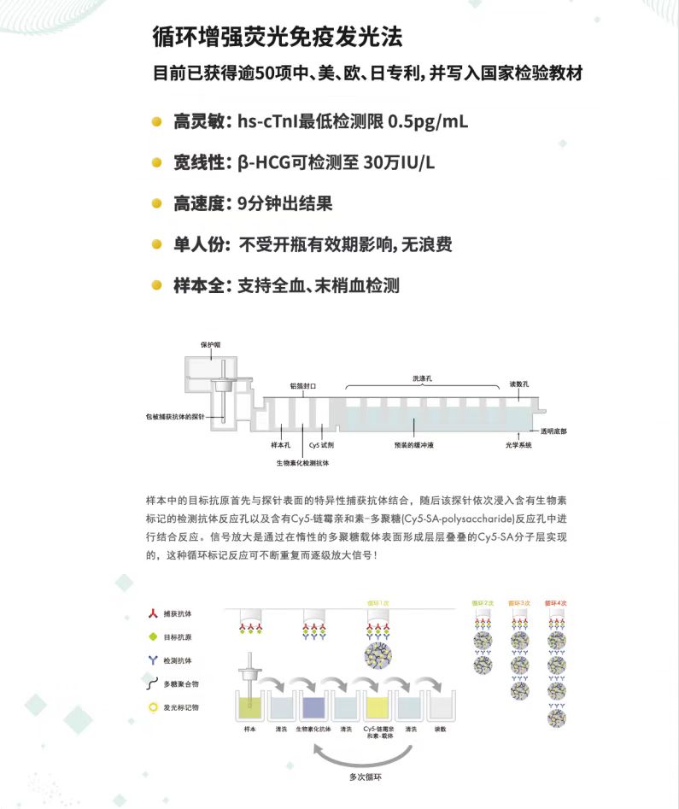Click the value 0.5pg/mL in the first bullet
(x=427, y=122)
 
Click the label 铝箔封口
(x=302, y=386)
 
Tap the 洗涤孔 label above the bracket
(x=424, y=378)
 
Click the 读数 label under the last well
(x=442, y=729)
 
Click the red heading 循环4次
(x=554, y=603)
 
